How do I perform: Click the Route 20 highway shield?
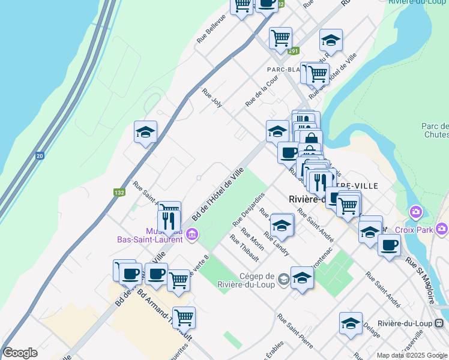pyautogui.click(x=40, y=156)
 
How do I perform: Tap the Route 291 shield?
pyautogui.click(x=293, y=52)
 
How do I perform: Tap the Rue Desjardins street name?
pyautogui.click(x=249, y=209)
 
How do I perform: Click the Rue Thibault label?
pyautogui.click(x=244, y=248)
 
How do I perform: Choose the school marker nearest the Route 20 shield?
pyautogui.click(x=145, y=132)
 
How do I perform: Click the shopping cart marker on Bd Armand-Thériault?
pyautogui.click(x=184, y=316)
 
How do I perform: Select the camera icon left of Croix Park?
pyautogui.click(x=415, y=212)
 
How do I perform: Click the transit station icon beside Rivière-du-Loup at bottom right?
pyautogui.click(x=440, y=323)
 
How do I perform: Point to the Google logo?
pyautogui.click(x=20, y=353)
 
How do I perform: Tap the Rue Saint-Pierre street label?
pyautogui.click(x=295, y=330)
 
